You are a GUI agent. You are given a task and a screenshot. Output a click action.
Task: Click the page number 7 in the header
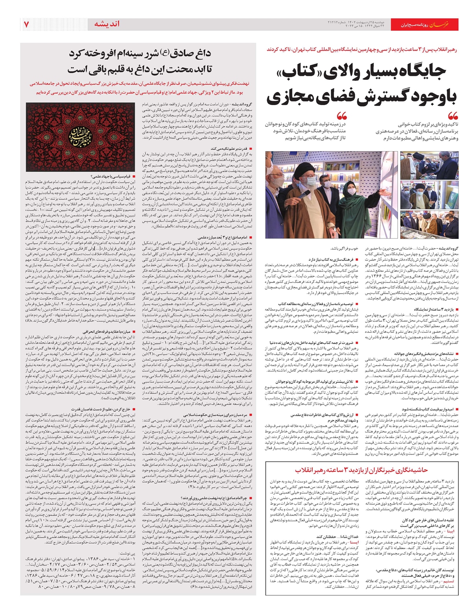click(x=26, y=24)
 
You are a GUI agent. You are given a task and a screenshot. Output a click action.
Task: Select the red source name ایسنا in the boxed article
click(x=354, y=542)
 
